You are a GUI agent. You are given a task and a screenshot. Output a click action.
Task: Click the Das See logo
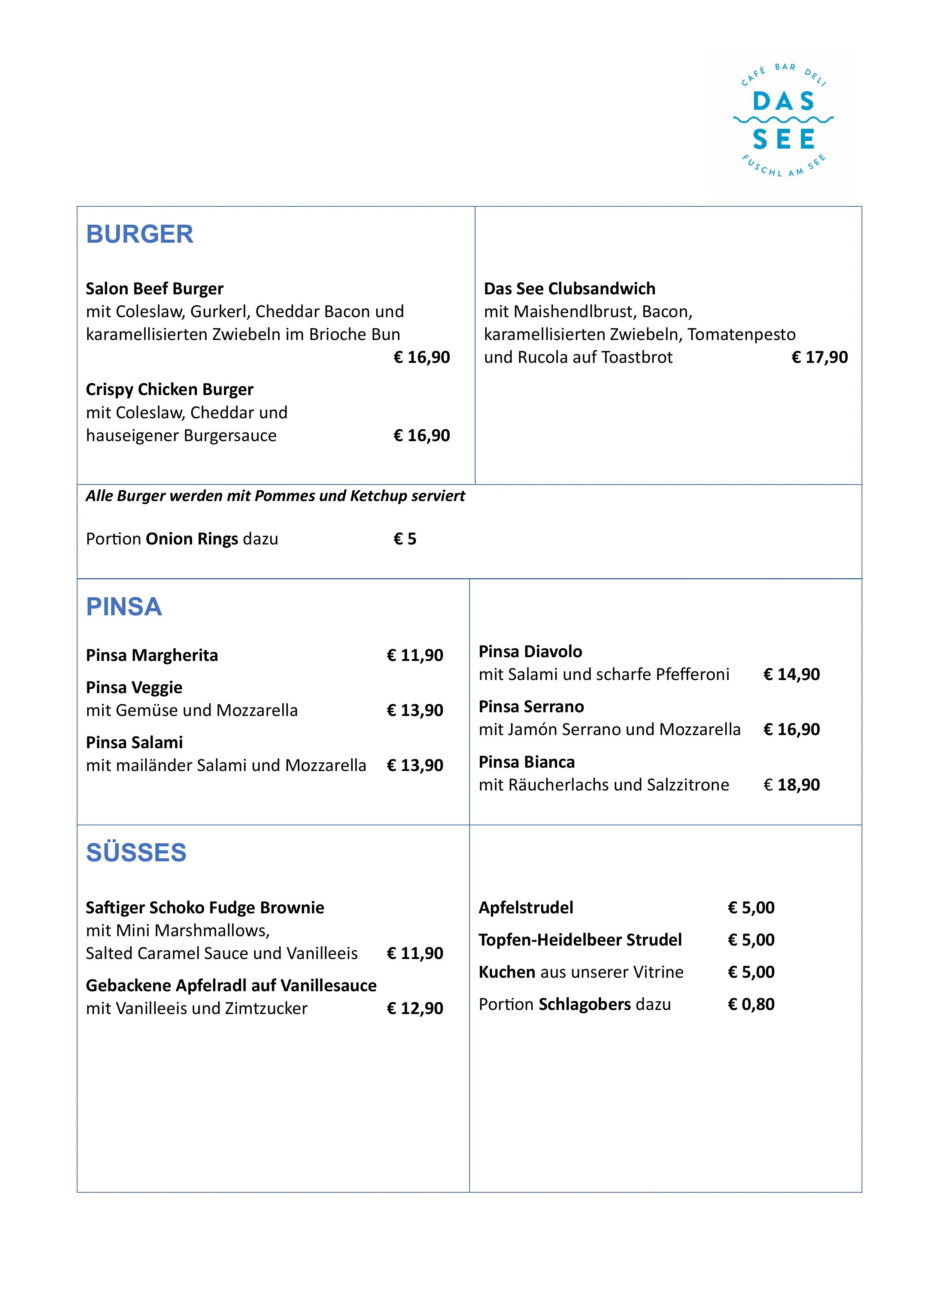tap(783, 121)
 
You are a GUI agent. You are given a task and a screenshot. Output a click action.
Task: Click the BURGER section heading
tap(140, 235)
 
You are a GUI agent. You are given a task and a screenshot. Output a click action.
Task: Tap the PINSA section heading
tap(124, 607)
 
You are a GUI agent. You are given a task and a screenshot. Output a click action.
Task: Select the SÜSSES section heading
tap(136, 853)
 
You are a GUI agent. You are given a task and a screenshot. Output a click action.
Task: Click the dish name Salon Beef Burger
tap(155, 288)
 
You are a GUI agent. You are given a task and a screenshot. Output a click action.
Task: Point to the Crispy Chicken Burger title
tap(169, 390)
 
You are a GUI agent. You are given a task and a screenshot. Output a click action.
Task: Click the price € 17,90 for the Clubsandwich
tap(819, 357)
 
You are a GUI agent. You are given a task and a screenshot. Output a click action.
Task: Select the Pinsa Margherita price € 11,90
tap(415, 655)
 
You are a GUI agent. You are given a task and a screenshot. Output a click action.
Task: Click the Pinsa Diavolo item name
tap(530, 651)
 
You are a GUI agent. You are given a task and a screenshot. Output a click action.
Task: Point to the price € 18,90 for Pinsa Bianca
tap(791, 785)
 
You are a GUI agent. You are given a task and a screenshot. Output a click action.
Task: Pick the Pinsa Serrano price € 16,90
tap(791, 730)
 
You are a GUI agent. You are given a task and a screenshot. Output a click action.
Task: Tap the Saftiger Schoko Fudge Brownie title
tap(205, 908)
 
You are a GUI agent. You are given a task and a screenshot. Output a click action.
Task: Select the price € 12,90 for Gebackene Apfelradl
tap(415, 1008)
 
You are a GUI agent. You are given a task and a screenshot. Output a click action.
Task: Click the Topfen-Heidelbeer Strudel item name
tap(580, 940)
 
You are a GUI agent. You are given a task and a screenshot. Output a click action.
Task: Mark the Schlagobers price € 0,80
tap(751, 1004)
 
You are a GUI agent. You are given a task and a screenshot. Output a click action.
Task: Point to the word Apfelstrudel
tap(525, 908)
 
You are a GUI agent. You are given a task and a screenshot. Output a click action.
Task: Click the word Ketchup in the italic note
tap(378, 496)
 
